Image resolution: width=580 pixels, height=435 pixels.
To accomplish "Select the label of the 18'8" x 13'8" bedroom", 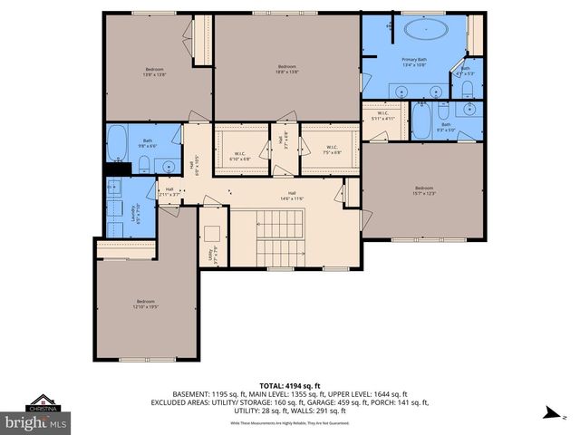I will [287, 70].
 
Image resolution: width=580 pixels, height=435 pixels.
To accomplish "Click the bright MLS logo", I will [35, 422].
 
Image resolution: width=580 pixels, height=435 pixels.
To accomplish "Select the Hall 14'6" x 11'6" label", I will [293, 195].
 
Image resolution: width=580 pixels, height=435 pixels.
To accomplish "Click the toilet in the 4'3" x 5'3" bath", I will [465, 87].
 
